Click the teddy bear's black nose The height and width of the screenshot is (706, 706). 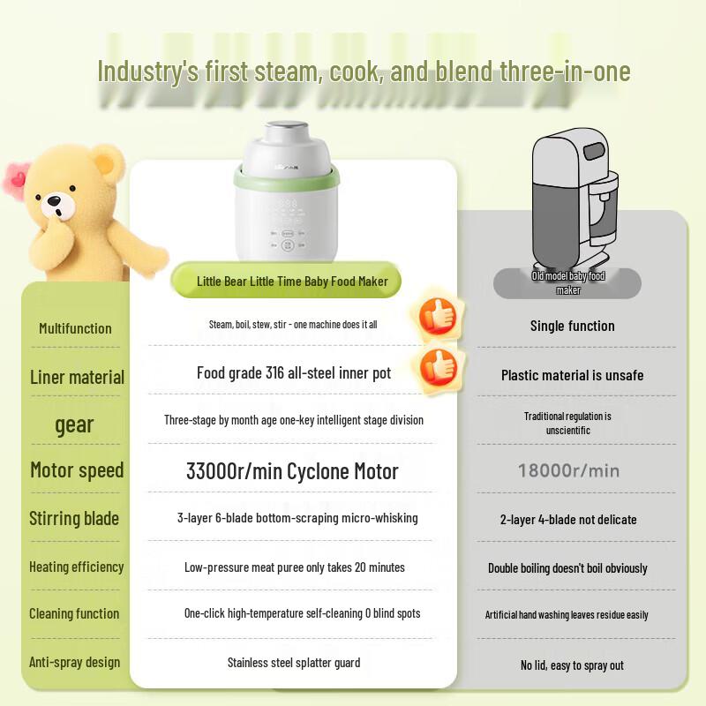(55, 200)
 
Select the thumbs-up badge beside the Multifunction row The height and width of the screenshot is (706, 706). (438, 315)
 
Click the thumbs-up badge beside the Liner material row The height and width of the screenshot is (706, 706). (439, 367)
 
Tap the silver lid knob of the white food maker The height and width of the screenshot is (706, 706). (285, 131)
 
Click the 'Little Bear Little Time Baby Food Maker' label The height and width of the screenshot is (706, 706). (292, 282)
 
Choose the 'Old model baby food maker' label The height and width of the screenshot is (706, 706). (567, 282)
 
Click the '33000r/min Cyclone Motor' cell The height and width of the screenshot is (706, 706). (292, 471)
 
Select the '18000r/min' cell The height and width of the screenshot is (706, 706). (568, 470)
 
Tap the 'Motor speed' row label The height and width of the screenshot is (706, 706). (77, 470)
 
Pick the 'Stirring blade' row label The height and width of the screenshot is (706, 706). (74, 518)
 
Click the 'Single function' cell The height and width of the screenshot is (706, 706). (572, 326)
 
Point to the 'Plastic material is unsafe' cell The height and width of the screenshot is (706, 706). (572, 375)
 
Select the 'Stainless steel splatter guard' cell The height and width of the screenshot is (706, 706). (294, 663)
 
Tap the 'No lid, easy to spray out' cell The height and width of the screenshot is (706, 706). (572, 665)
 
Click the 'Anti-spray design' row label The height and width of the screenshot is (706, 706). (75, 662)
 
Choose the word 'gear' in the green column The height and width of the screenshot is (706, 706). (74, 425)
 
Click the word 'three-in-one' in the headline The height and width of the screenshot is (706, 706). (565, 71)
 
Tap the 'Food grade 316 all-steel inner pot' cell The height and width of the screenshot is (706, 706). (294, 372)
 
